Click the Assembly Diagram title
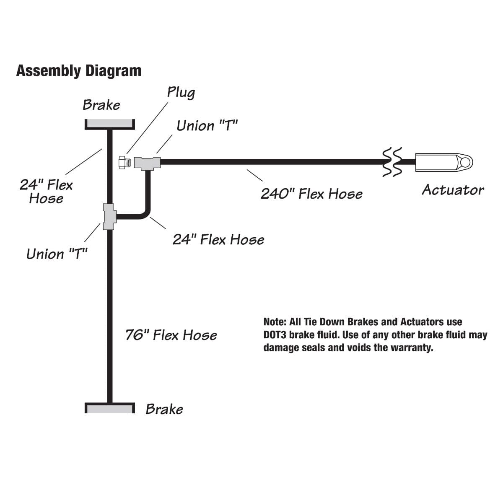(x=79, y=71)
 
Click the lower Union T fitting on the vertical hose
(x=109, y=216)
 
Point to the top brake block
(x=109, y=124)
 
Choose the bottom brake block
(x=109, y=408)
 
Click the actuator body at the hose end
(x=436, y=162)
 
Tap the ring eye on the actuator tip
(x=466, y=162)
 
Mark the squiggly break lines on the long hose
(x=392, y=162)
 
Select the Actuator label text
(x=453, y=190)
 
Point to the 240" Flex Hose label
(x=311, y=194)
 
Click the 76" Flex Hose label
(x=171, y=335)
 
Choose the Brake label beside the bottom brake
(x=164, y=409)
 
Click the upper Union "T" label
(x=207, y=126)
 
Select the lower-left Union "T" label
(x=57, y=254)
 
